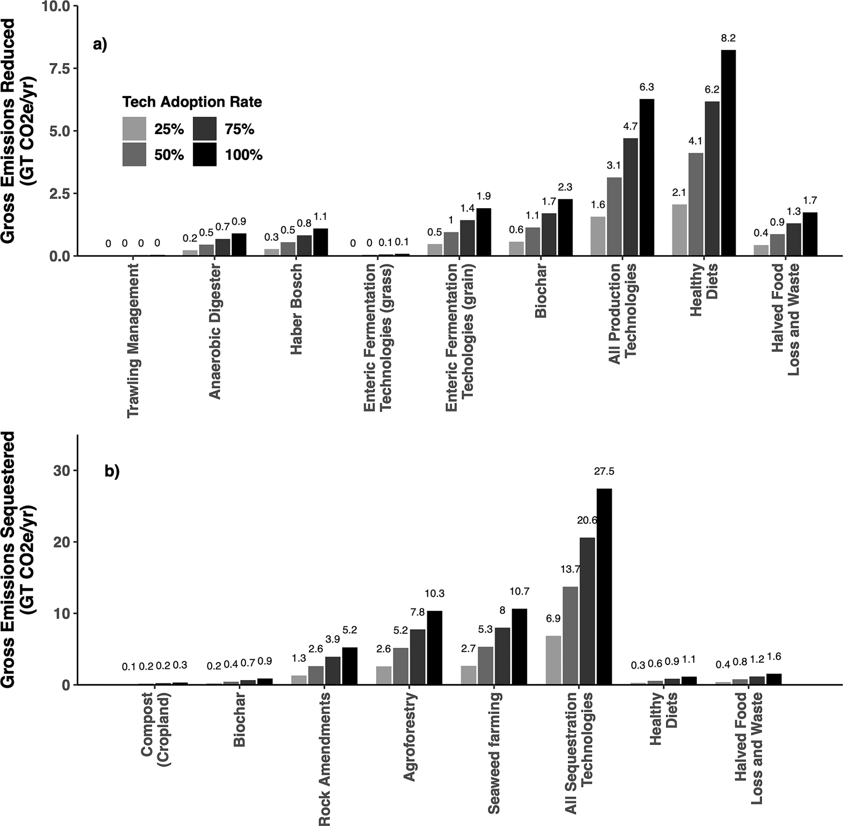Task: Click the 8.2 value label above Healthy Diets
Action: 728,39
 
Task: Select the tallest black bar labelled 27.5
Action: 604,586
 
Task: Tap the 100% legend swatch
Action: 204,154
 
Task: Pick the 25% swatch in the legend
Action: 134,129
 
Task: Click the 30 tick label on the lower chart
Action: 60,471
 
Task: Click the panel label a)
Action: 100,45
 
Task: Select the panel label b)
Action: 112,472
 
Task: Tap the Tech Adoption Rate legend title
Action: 192,102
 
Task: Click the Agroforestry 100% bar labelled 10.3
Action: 435,648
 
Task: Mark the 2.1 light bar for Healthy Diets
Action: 679,230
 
